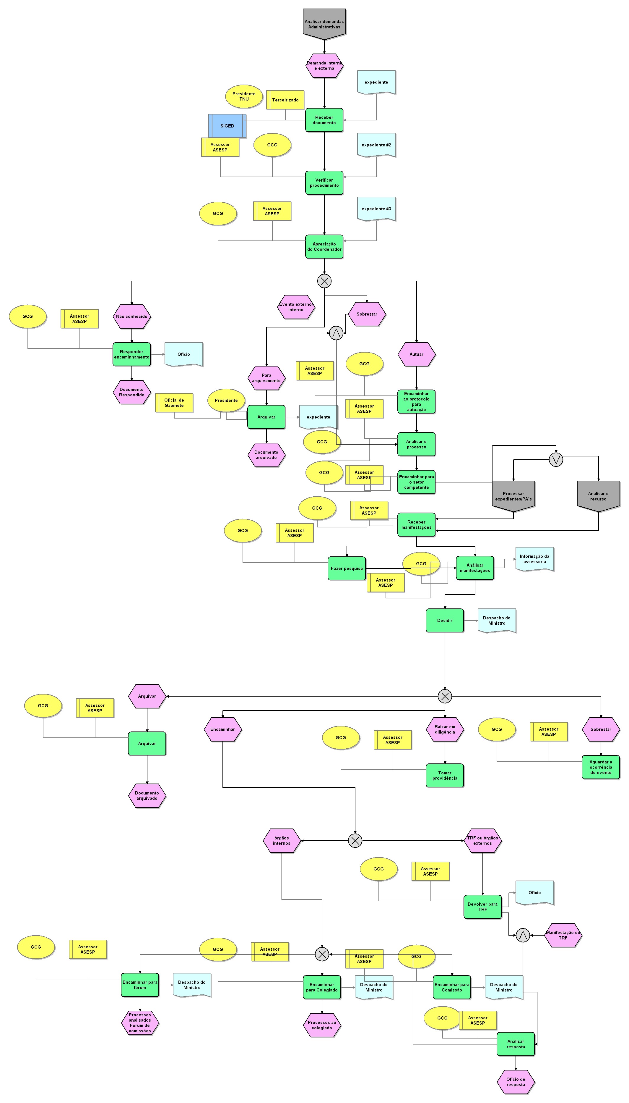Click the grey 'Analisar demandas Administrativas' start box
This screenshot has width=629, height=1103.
tap(324, 23)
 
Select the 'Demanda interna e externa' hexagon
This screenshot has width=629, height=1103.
tap(324, 65)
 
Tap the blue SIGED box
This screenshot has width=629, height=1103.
tap(227, 126)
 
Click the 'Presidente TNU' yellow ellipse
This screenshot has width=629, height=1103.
tap(244, 96)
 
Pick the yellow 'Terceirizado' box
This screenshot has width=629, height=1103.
tap(285, 100)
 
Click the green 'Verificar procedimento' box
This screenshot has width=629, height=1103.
tap(324, 183)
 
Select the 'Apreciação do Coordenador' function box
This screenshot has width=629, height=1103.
tap(324, 246)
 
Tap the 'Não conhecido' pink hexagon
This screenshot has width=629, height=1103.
tap(132, 316)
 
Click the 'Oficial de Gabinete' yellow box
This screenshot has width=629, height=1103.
tap(174, 403)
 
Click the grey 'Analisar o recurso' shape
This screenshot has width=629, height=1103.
tap(598, 496)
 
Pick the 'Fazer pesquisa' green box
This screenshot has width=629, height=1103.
tap(347, 568)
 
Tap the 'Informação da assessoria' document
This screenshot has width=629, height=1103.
tap(534, 559)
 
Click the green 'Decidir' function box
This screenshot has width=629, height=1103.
tap(445, 621)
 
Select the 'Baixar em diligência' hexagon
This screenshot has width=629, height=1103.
tap(445, 729)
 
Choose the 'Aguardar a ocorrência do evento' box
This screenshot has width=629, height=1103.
tap(600, 767)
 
